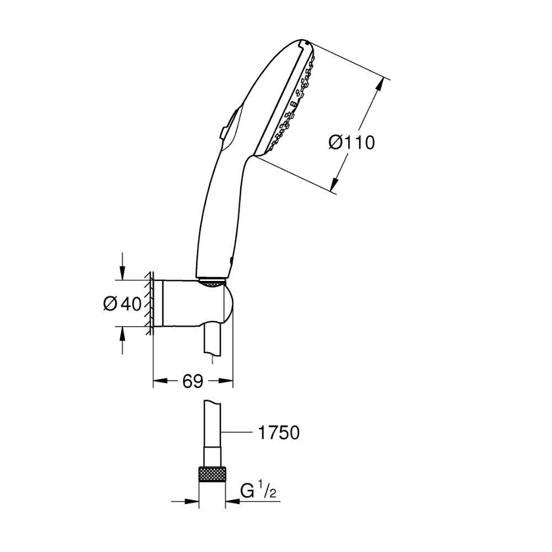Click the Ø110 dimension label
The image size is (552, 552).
pyautogui.click(x=352, y=143)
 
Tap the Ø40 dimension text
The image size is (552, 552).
pyautogui.click(x=122, y=304)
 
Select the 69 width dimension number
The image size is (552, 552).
pyautogui.click(x=193, y=381)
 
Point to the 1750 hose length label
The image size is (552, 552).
pyautogui.click(x=278, y=433)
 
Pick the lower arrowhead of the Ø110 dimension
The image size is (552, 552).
pyautogui.click(x=335, y=184)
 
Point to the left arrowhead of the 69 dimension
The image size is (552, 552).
pyautogui.click(x=161, y=380)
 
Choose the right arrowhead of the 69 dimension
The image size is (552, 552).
pyautogui.click(x=226, y=380)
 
